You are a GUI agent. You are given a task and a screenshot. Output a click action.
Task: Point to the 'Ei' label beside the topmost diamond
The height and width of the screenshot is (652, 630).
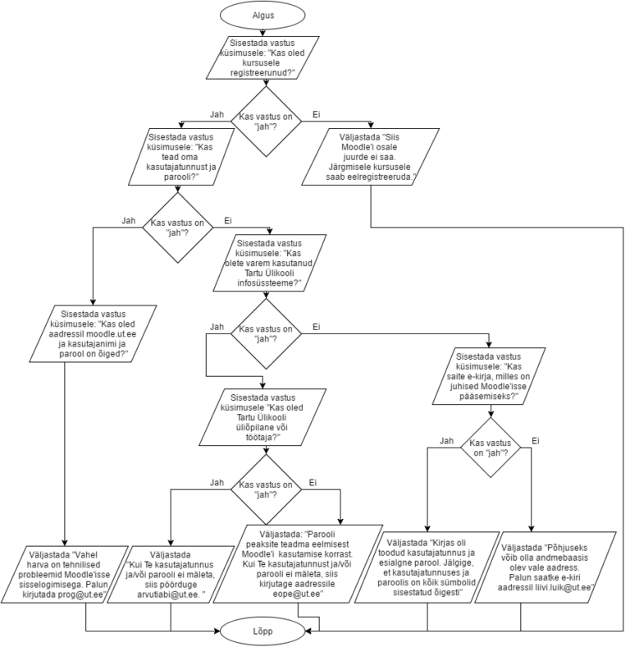316,113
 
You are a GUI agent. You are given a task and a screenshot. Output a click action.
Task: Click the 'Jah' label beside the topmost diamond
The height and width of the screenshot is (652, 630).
217,113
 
